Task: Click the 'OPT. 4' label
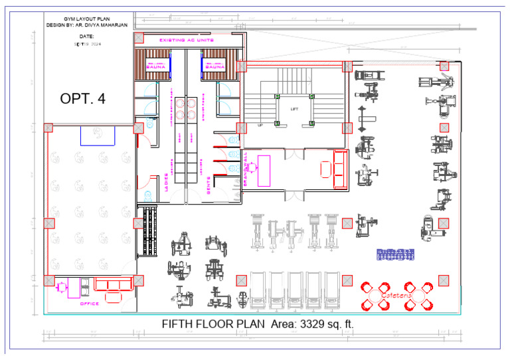pos(82,98)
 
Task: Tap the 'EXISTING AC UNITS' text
pos(186,41)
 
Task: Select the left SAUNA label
pos(156,67)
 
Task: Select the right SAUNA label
pos(215,67)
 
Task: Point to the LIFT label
pos(295,109)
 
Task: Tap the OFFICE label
pos(90,304)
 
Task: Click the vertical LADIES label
pos(166,183)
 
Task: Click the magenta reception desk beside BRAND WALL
pos(264,171)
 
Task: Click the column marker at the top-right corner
pos(444,66)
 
